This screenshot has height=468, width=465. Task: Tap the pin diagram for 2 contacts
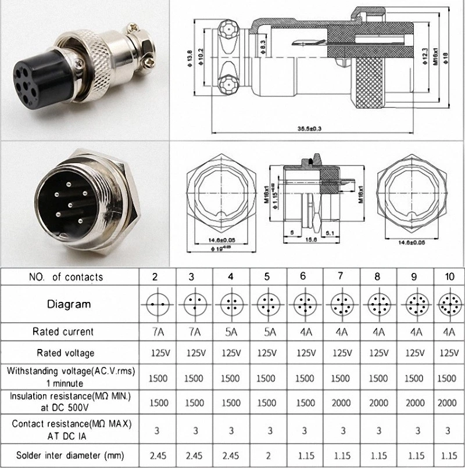pos(155,304)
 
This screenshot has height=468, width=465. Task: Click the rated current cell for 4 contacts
pos(231,332)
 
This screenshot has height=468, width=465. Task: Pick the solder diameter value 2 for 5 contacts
pos(266,456)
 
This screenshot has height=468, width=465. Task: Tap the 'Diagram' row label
pos(69,304)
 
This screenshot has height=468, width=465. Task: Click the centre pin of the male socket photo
pos(70,204)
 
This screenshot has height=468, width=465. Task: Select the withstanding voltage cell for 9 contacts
pos(413,378)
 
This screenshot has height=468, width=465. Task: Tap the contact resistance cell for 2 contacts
pos(155,430)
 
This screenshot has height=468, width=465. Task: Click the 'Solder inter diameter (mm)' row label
pos(69,456)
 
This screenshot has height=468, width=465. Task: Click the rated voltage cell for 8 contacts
pos(378,352)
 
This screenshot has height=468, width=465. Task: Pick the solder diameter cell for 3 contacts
pos(194,456)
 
